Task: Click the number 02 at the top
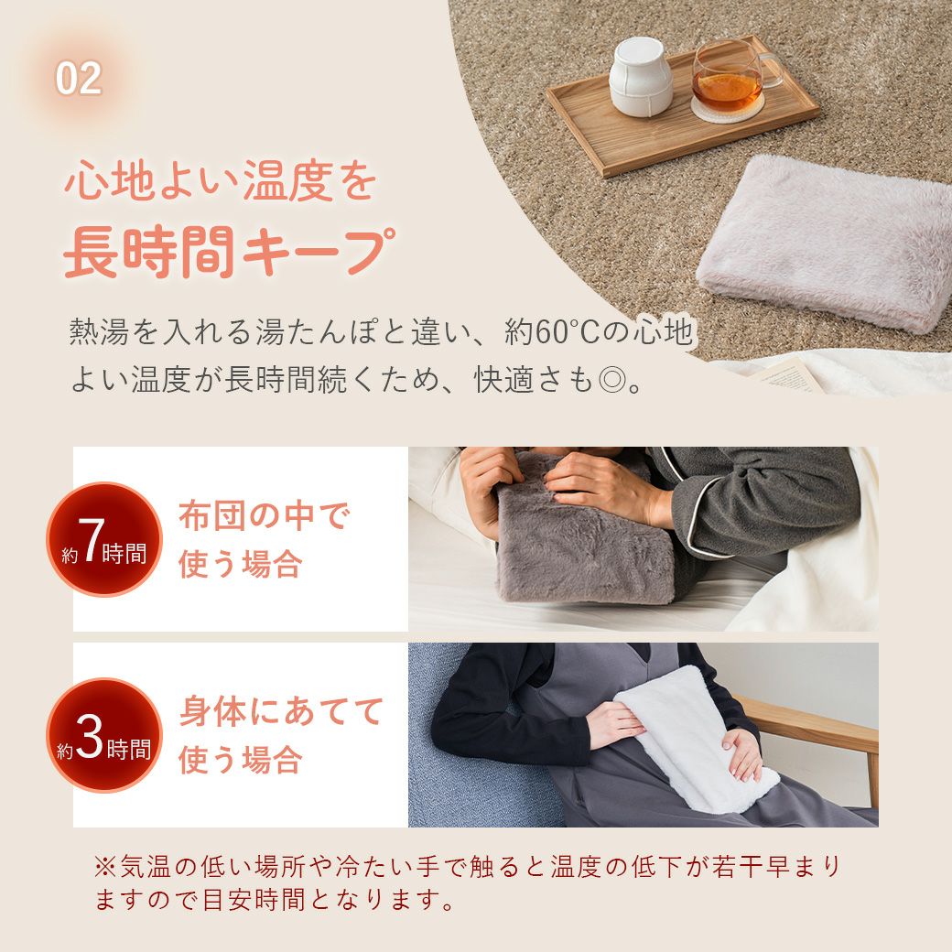(79, 79)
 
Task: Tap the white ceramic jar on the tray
(640, 77)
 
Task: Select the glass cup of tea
(731, 75)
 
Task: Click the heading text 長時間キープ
(229, 252)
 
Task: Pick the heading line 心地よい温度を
(220, 181)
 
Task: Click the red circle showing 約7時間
(104, 539)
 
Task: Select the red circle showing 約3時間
(104, 735)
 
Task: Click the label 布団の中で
(265, 515)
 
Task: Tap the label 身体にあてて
(281, 711)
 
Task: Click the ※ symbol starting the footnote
(104, 866)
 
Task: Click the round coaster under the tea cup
(726, 110)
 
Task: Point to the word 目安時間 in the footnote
(254, 900)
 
